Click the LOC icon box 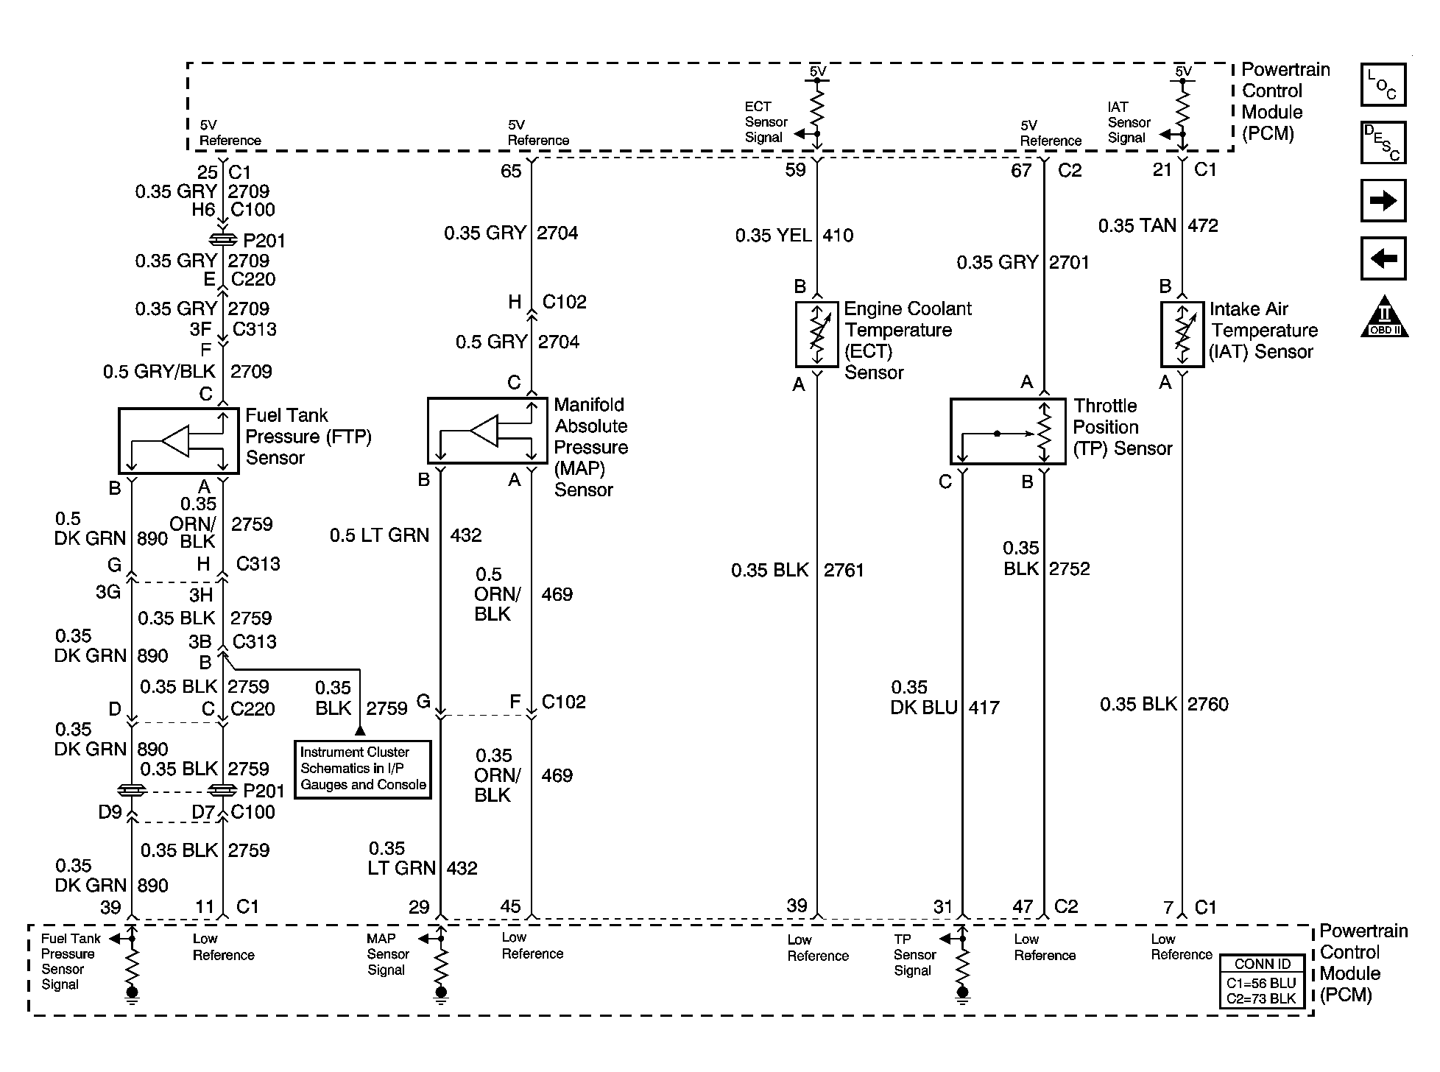pos(1383,85)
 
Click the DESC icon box pos(1383,142)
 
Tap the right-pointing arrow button pos(1383,200)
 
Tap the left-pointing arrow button pos(1383,258)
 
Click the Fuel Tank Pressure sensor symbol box pos(178,441)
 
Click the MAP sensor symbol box pos(487,431)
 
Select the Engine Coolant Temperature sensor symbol pos(816,334)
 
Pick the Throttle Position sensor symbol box pos(1007,431)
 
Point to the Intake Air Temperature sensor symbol pos(1182,334)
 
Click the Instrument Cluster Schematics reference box pos(362,769)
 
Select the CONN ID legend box pos(1262,981)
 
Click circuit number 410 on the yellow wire pos(838,236)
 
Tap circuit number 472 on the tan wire pos(1202,225)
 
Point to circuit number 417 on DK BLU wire pos(984,708)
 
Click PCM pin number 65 pos(511,172)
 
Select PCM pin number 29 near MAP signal pos(419,907)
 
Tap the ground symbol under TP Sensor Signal pos(962,994)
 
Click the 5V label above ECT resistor pos(817,71)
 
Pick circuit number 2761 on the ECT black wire pos(844,571)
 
